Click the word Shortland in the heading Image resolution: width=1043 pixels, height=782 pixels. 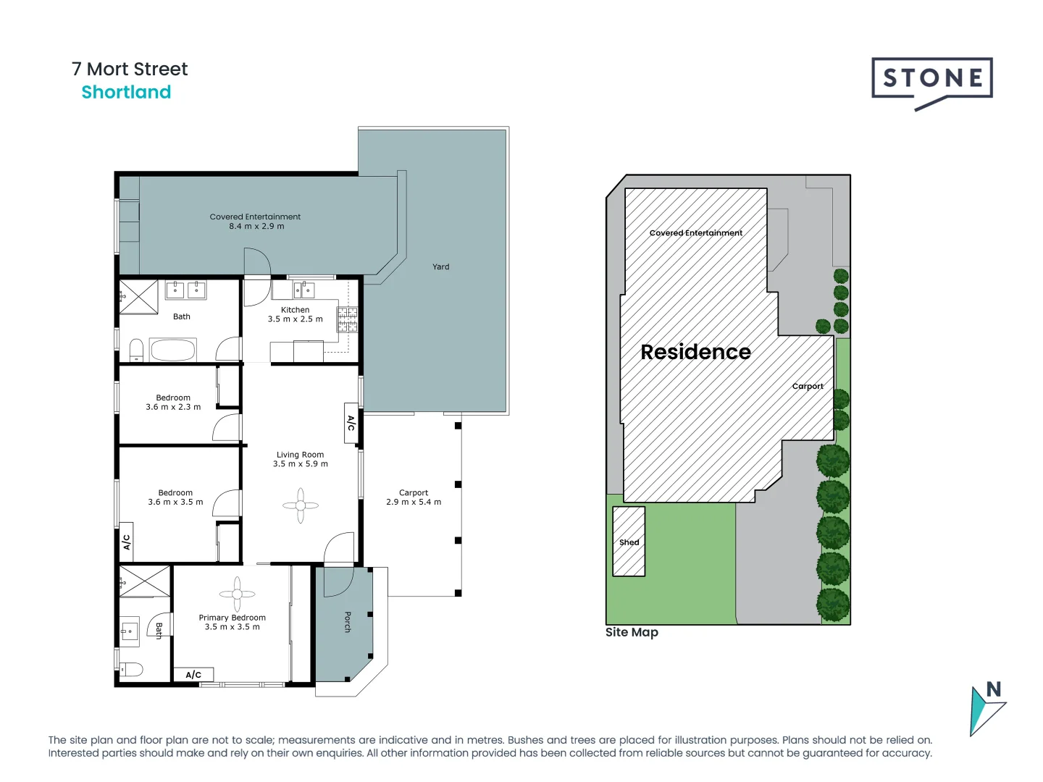(x=126, y=93)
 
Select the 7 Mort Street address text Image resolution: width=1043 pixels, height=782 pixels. (x=130, y=70)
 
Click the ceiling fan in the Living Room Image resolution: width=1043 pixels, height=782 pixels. (x=301, y=505)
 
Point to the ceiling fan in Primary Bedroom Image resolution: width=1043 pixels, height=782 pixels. (x=237, y=594)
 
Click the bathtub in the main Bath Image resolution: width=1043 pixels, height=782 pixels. (x=172, y=350)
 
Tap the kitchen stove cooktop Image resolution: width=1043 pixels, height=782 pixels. (x=348, y=319)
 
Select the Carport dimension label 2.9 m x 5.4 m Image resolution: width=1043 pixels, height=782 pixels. (x=414, y=502)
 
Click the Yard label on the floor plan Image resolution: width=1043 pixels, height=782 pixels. (x=440, y=267)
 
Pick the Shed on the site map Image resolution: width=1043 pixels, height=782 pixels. (x=629, y=542)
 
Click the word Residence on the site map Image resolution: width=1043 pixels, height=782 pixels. (x=695, y=352)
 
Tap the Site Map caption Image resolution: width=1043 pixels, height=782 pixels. (x=632, y=632)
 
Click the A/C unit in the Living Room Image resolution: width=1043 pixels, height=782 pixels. (x=351, y=422)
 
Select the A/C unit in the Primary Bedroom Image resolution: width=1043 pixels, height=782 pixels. (x=193, y=675)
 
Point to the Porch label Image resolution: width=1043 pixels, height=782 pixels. (x=348, y=621)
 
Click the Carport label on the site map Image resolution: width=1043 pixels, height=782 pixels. (x=808, y=387)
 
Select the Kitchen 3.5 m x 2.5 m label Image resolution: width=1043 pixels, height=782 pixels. (x=296, y=314)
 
